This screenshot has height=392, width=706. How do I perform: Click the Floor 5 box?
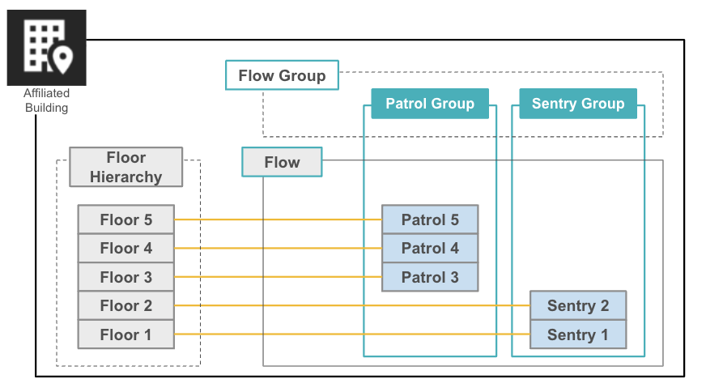(x=125, y=219)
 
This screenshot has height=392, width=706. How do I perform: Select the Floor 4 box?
(x=125, y=248)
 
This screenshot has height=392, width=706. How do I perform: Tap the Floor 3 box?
(x=125, y=277)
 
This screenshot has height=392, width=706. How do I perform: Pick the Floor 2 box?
(x=125, y=305)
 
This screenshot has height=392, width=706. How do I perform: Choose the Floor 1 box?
(x=125, y=334)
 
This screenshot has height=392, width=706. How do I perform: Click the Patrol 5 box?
(x=430, y=219)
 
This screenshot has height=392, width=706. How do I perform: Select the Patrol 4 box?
(x=430, y=248)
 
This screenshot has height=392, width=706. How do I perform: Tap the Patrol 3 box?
(x=430, y=277)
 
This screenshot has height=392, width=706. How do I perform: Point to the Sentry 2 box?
(x=578, y=305)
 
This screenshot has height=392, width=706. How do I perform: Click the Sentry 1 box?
(x=578, y=334)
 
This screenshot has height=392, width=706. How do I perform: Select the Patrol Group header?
(x=430, y=104)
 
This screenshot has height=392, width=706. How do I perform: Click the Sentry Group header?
(x=578, y=104)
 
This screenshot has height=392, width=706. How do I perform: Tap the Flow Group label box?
(x=282, y=75)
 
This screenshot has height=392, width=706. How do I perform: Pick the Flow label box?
(x=282, y=162)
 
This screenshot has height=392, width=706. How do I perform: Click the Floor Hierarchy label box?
(x=125, y=167)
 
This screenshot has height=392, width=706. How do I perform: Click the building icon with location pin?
(x=46, y=47)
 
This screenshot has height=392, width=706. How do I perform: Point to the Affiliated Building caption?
(x=46, y=100)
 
